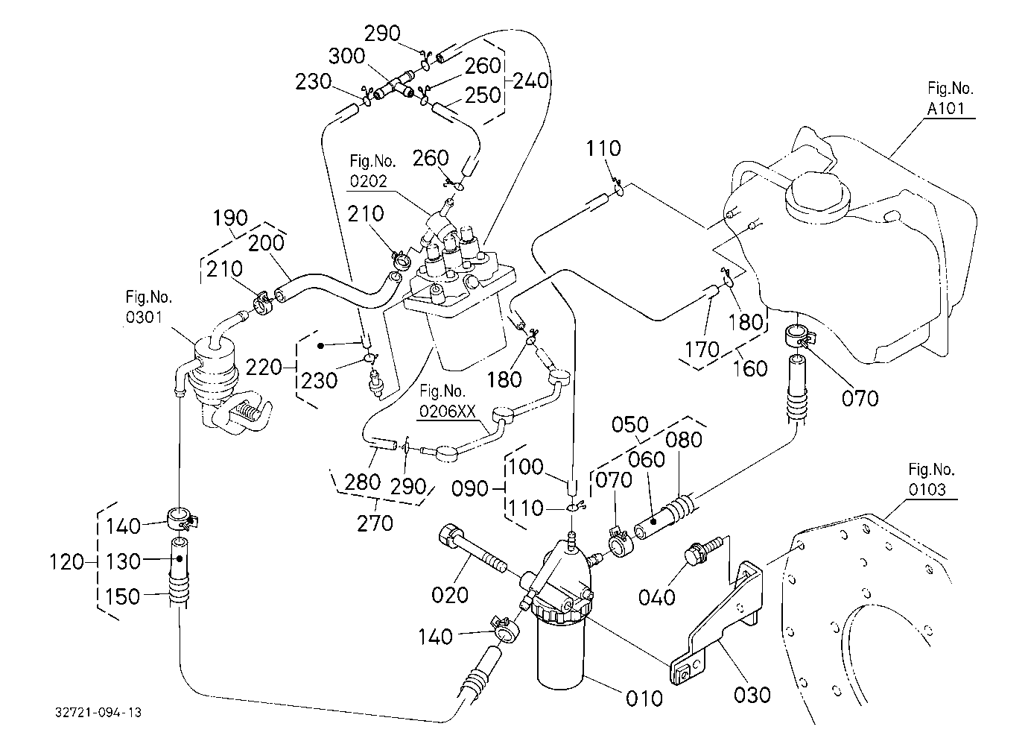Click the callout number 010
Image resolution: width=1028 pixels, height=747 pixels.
644,699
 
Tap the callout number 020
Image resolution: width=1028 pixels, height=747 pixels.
450,595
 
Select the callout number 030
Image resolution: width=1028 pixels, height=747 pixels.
752,695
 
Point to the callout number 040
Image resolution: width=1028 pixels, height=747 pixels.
657,597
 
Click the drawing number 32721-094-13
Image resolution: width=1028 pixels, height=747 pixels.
98,713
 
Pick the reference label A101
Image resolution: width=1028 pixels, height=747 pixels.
945,109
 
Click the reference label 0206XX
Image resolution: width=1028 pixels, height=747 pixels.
448,412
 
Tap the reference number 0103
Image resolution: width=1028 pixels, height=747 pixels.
927,489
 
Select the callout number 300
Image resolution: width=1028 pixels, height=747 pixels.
346,56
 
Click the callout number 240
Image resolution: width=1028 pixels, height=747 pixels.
530,81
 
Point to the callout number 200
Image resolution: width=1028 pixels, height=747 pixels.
266,242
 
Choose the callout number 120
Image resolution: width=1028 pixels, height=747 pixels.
67,561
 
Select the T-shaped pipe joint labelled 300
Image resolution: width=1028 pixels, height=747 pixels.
394,86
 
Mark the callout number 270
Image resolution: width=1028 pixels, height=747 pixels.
375,523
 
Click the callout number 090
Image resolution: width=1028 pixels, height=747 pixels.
469,488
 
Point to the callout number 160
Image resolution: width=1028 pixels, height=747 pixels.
749,368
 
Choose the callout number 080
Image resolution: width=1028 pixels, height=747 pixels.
683,440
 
